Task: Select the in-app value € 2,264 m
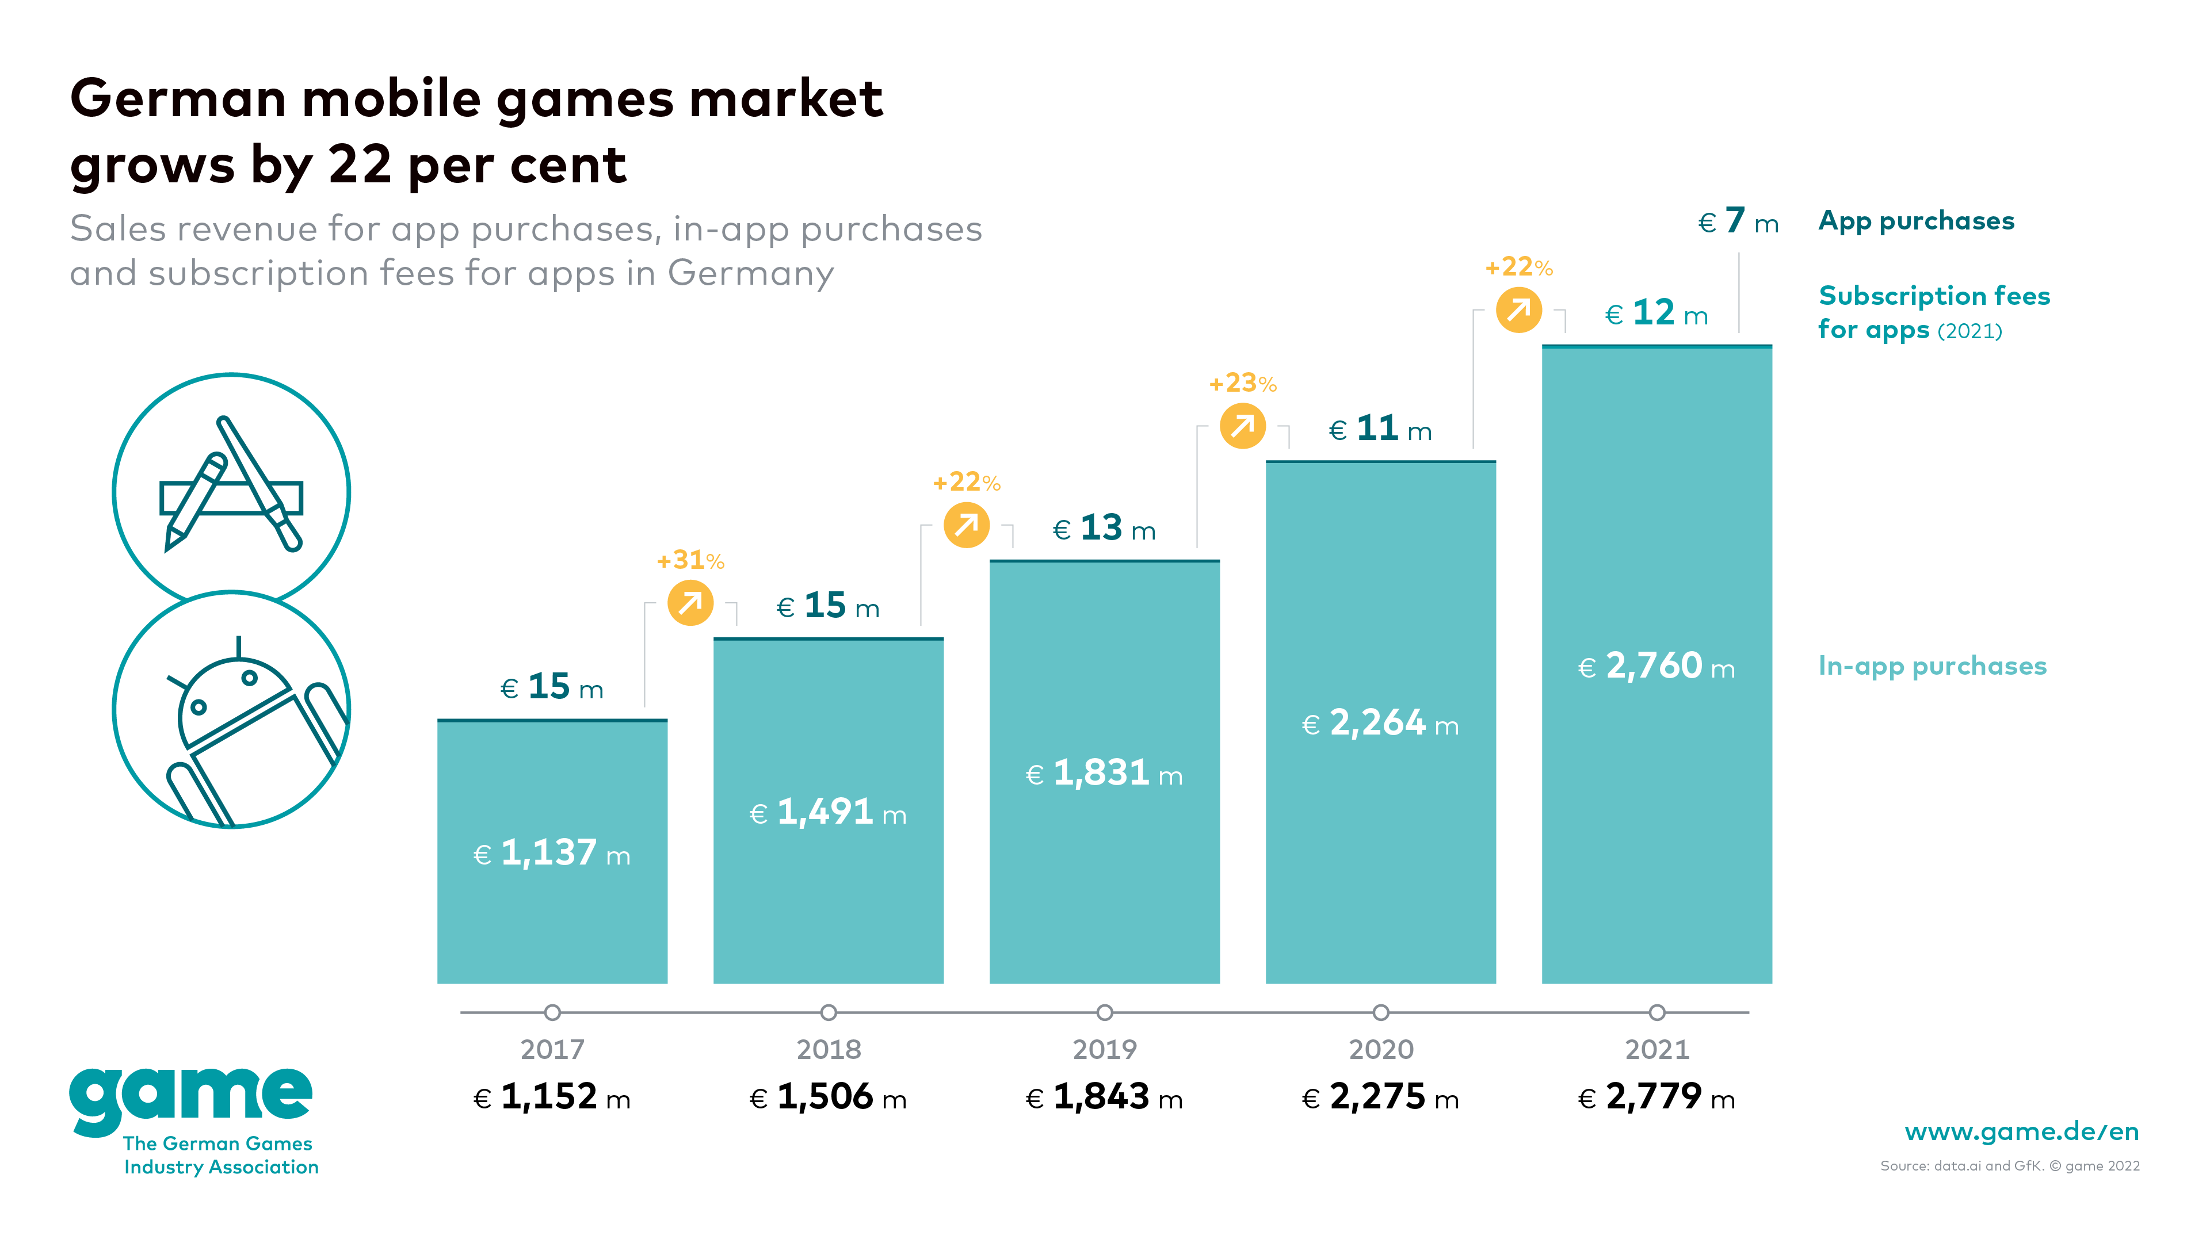[x=1380, y=724]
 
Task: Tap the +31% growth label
[x=690, y=560]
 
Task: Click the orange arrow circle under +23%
[x=1242, y=426]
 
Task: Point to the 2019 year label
[x=1104, y=1049]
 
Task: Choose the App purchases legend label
[x=1916, y=221]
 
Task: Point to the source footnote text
[x=2009, y=1166]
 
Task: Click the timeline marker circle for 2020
[x=1380, y=1012]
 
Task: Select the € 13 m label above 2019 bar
[x=1104, y=529]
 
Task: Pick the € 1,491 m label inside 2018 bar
[x=828, y=812]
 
